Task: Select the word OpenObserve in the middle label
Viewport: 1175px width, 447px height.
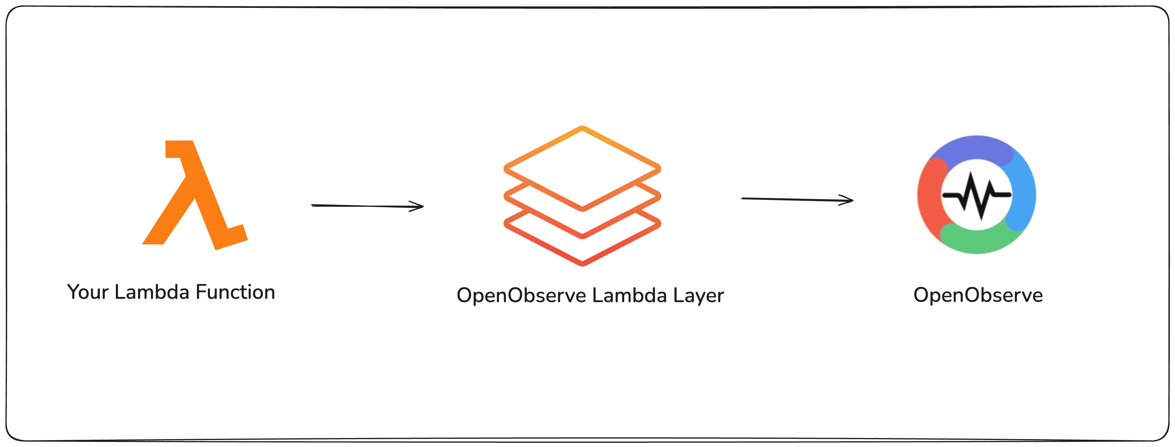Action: tap(521, 295)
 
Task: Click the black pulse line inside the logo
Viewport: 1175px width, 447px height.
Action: tap(976, 195)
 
